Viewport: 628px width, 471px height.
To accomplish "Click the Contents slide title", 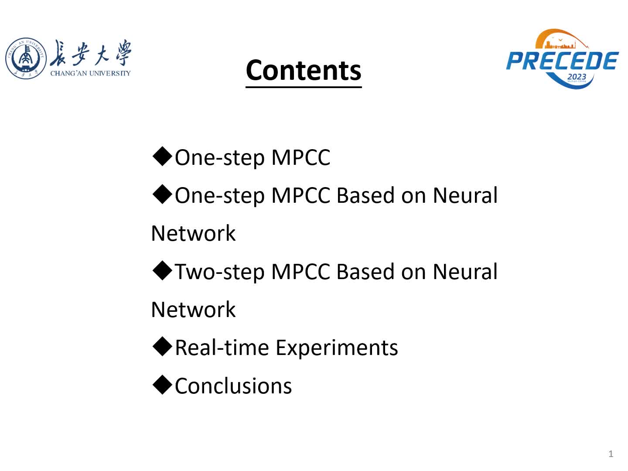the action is pyautogui.click(x=303, y=70).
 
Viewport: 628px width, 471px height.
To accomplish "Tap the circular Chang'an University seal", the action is pyautogui.click(x=26, y=58).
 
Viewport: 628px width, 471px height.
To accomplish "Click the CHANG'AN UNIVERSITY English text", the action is pyautogui.click(x=90, y=73).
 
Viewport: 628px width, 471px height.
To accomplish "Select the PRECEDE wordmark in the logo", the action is pyautogui.click(x=562, y=61).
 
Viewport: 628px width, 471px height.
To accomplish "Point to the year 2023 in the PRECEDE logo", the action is pyautogui.click(x=577, y=77).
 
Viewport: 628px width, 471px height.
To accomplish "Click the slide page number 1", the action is pyautogui.click(x=611, y=454).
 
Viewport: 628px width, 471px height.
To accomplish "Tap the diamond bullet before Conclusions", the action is pyautogui.click(x=162, y=385).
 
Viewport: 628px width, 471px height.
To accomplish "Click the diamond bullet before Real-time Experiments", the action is pyautogui.click(x=162, y=346).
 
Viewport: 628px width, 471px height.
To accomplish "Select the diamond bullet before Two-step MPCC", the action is pyautogui.click(x=162, y=270).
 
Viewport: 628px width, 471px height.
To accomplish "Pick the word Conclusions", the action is pyautogui.click(x=233, y=386).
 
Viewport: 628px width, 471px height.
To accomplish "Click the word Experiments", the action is pyautogui.click(x=337, y=348).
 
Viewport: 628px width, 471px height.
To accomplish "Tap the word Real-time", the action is pyautogui.click(x=222, y=348).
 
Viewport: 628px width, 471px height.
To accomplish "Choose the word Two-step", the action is pyautogui.click(x=220, y=272).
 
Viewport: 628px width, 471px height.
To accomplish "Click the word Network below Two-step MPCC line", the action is pyautogui.click(x=193, y=310).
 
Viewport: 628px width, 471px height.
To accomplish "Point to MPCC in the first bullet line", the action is pyautogui.click(x=300, y=157).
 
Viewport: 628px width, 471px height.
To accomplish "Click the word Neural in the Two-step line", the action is pyautogui.click(x=465, y=271).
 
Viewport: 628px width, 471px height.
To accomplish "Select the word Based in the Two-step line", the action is pyautogui.click(x=365, y=271).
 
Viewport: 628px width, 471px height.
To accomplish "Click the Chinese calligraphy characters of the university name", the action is pyautogui.click(x=90, y=53).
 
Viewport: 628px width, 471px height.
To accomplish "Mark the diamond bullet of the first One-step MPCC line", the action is pyautogui.click(x=162, y=156).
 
